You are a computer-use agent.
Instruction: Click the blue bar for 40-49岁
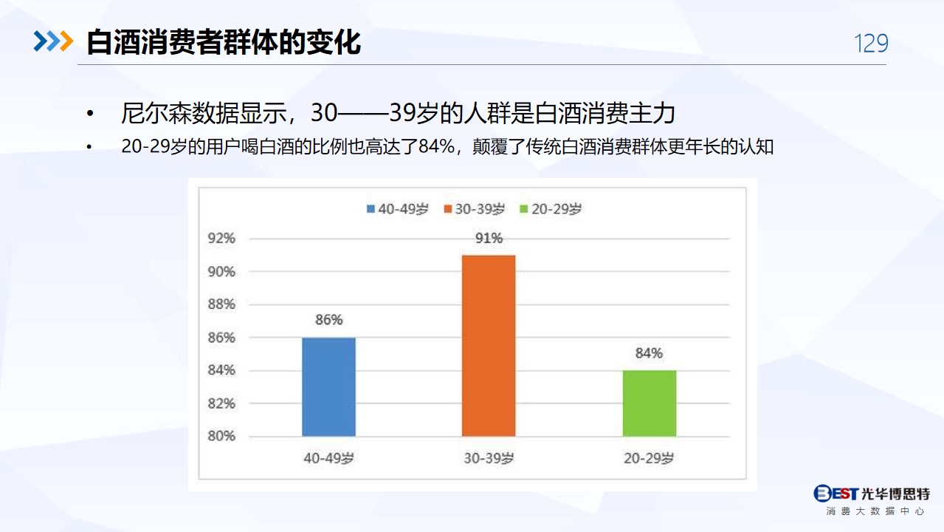328,387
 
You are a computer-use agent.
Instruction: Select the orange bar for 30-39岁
489,346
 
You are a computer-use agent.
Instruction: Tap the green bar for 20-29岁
650,403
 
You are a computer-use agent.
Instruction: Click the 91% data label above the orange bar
489,239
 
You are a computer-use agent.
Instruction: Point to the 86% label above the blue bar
329,320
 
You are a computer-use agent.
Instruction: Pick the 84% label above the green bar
649,353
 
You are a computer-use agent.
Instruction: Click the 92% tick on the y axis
221,239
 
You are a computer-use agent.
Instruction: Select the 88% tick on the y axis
221,304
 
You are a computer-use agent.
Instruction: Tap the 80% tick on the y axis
221,436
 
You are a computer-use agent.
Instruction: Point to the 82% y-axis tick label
221,403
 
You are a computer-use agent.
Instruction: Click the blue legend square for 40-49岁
371,209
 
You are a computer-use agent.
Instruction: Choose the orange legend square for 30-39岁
448,209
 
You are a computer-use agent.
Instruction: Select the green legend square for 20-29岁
524,209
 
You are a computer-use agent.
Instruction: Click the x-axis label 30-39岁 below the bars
489,458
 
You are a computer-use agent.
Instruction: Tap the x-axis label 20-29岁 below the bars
649,458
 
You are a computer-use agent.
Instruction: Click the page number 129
871,44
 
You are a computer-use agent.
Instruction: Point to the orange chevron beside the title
66,41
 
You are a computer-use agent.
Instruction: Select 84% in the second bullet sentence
437,146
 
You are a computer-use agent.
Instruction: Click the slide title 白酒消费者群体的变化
224,42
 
